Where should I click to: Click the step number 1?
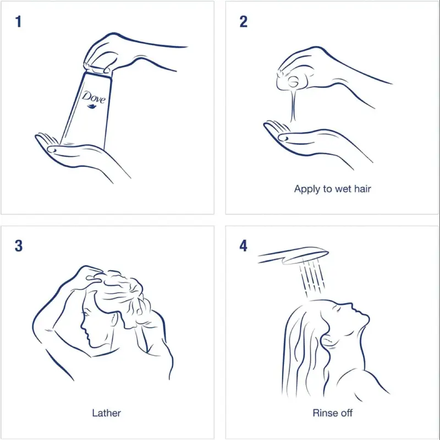coord(19,21)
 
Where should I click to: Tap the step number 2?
coord(243,21)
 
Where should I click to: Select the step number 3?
coord(19,246)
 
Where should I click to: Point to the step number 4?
coord(243,246)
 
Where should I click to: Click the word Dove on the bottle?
coord(94,97)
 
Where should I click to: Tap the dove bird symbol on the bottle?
coord(92,107)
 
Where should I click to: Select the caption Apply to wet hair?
coord(333,189)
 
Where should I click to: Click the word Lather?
coord(106,413)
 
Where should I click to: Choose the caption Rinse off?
coord(333,413)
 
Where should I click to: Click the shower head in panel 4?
coord(293,255)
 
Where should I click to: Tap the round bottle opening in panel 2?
coord(294,82)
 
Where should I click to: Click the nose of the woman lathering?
coord(82,326)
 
